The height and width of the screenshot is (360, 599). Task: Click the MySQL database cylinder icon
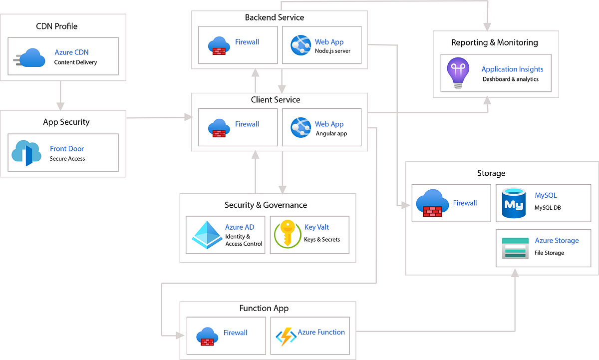pos(514,203)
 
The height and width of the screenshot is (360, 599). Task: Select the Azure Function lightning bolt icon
pos(286,337)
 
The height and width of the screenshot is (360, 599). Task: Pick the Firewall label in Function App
pos(235,333)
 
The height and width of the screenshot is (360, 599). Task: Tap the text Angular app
pos(331,133)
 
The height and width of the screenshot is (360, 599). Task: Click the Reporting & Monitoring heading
pos(494,42)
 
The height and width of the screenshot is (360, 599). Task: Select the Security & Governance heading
pos(266,205)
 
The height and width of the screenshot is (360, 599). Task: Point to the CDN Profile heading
pos(57,26)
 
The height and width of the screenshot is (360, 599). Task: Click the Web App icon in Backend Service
pos(300,45)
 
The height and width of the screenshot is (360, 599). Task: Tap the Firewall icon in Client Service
pos(218,127)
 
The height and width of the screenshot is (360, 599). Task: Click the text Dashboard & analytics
pos(510,79)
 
